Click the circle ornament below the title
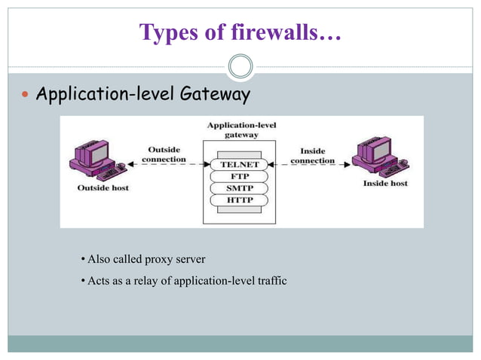[240, 66]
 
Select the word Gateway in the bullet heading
[215, 96]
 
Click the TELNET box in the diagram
[240, 164]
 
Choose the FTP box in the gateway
[240, 176]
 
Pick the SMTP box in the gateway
[240, 188]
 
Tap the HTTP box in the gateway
[240, 200]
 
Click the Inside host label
[385, 184]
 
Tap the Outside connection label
[164, 154]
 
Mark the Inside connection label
[312, 156]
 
